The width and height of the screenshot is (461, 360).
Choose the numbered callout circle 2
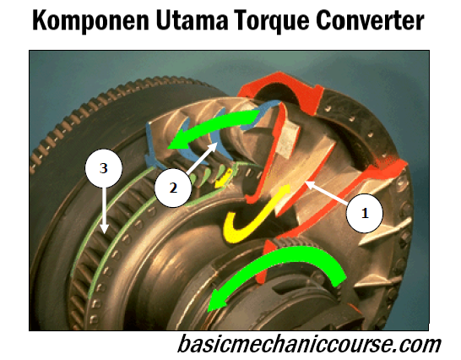pyautogui.click(x=171, y=188)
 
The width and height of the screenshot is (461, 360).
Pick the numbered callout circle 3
pyautogui.click(x=103, y=170)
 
